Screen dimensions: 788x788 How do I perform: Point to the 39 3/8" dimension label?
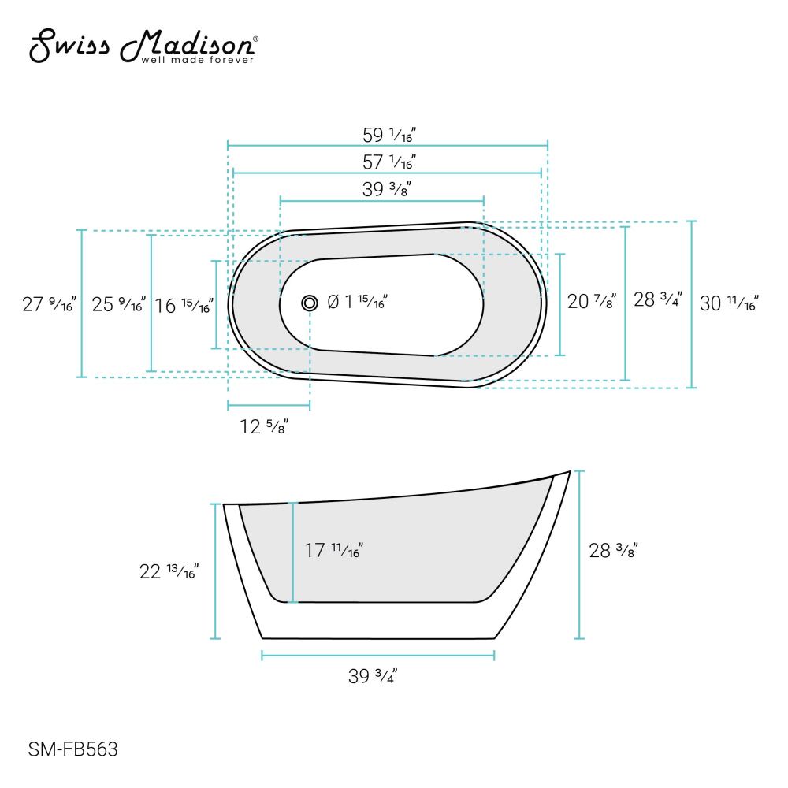(x=382, y=188)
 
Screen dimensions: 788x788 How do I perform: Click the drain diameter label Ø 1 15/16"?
(x=356, y=301)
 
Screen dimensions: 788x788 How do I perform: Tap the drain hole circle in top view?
(x=310, y=302)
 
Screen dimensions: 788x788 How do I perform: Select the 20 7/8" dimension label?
(x=592, y=301)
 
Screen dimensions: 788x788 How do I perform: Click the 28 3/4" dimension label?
(x=658, y=301)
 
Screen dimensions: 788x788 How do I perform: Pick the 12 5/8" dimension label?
(x=264, y=427)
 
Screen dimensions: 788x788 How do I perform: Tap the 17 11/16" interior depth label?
(x=333, y=551)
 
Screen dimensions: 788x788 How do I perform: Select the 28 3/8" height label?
(x=613, y=551)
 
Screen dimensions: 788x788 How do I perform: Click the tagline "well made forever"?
(x=197, y=59)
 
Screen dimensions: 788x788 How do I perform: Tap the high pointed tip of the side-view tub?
(x=568, y=472)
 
